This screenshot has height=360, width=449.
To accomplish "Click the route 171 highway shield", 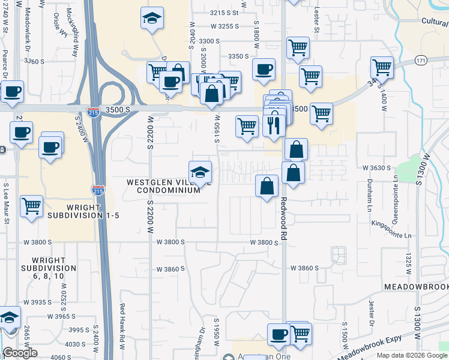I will coord(422,61).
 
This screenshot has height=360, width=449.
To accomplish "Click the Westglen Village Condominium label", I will coord(163,186).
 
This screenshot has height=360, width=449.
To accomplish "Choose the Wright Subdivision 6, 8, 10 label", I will coord(49,268).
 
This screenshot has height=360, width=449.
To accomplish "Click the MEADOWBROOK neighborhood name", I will coord(416,287).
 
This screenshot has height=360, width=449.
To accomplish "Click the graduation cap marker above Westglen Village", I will coord(200,172).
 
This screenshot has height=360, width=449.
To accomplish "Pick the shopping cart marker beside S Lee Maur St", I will coord(31,205).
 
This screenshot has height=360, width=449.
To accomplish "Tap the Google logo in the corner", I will coord(20,353).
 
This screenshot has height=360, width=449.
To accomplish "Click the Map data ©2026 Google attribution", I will coord(412,355).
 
